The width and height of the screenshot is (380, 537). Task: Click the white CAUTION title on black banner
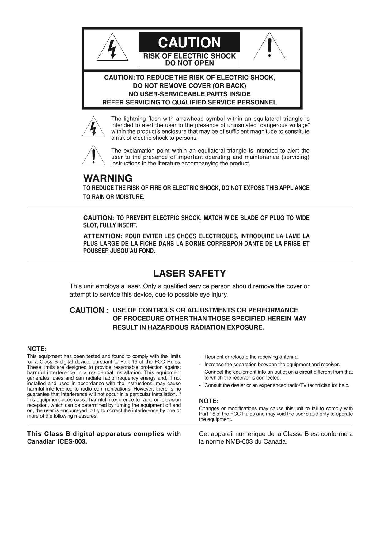[x=189, y=43]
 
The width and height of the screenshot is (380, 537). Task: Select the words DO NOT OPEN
[x=189, y=63]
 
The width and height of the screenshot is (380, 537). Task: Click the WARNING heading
[x=108, y=178]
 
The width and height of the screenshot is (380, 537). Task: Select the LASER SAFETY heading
[x=189, y=273]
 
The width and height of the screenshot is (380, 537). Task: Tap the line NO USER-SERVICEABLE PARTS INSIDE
[x=189, y=94]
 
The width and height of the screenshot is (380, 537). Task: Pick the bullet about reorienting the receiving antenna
[x=251, y=357]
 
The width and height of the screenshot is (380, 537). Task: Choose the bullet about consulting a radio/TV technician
[x=277, y=385]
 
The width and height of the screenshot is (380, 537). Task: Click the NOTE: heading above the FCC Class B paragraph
[x=37, y=349]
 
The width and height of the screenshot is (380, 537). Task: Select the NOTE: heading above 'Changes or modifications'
[x=209, y=401]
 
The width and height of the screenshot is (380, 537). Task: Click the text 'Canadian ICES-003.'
[x=57, y=442]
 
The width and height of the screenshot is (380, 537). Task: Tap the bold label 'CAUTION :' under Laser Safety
[x=89, y=310]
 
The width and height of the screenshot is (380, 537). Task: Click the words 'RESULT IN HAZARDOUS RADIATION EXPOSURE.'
[x=188, y=327]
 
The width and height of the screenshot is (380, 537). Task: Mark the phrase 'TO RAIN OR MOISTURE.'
[x=114, y=197]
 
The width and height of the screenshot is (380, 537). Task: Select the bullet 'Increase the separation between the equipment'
[x=272, y=365]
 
